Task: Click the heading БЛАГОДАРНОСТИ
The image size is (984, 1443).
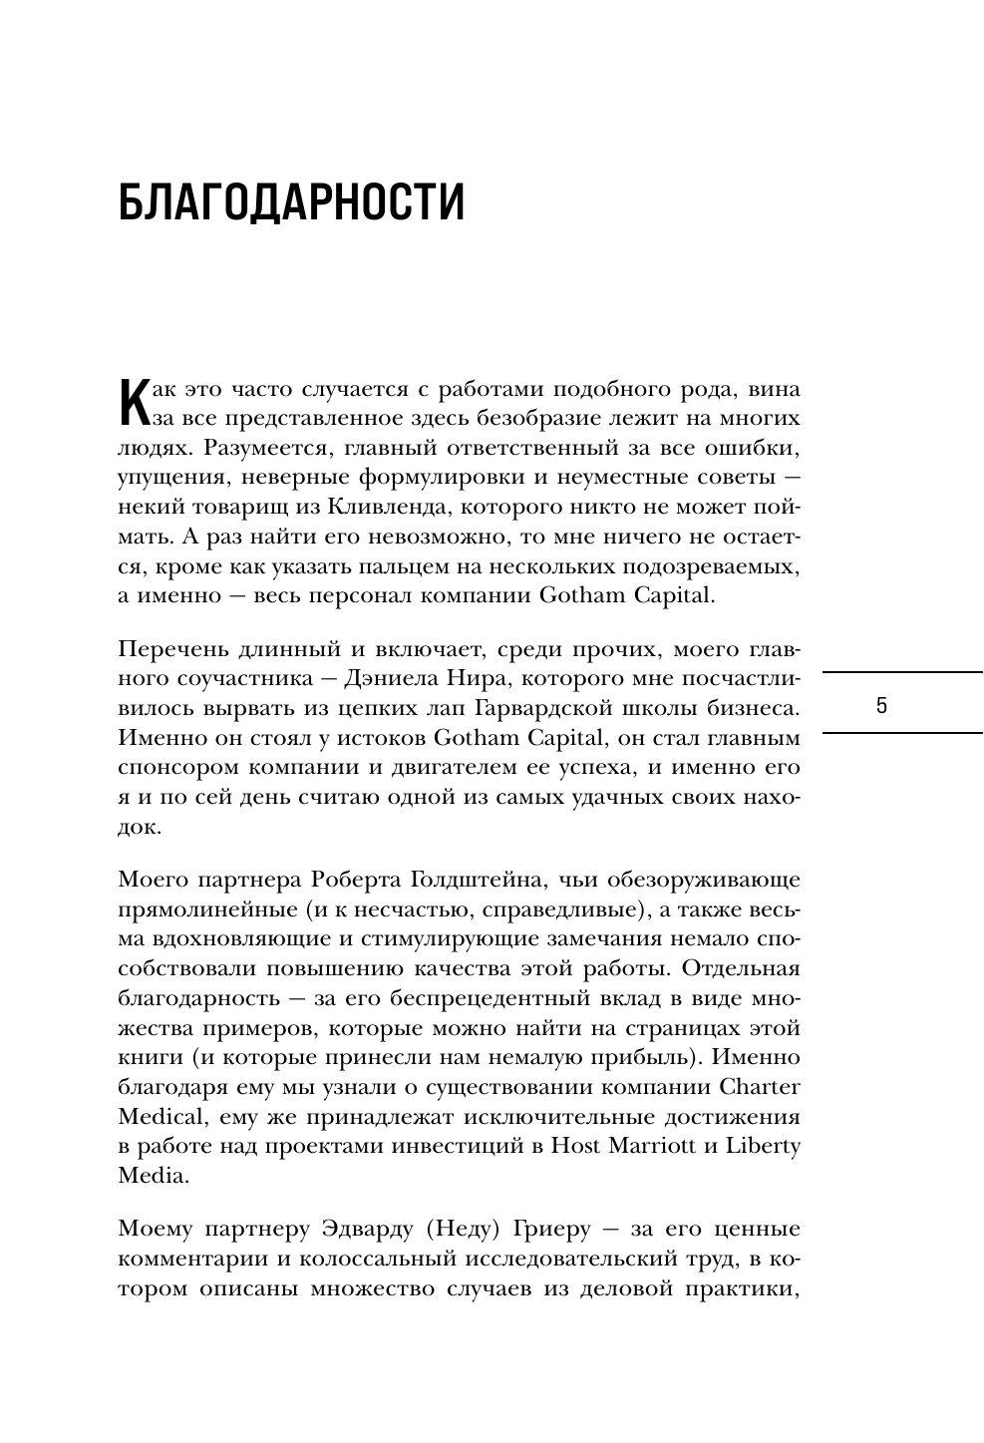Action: (x=291, y=202)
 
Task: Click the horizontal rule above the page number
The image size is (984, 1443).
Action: (x=903, y=673)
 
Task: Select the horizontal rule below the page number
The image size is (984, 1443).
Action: (x=903, y=733)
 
